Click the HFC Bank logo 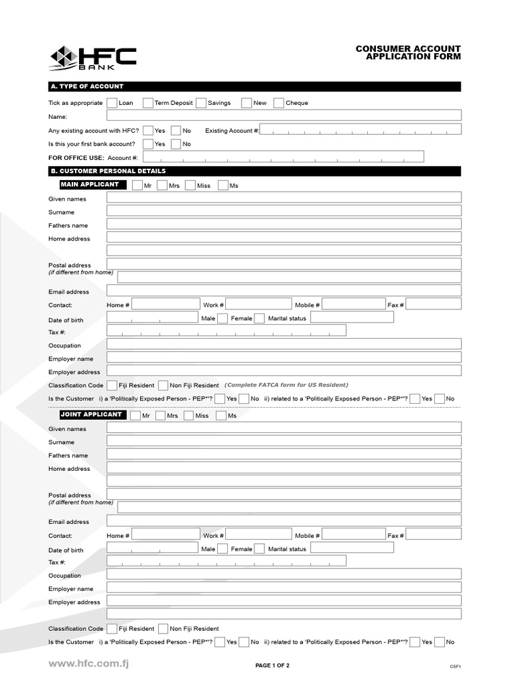[93, 58]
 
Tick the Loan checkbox [112, 103]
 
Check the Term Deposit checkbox [148, 103]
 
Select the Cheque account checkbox [279, 103]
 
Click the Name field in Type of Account [284, 116]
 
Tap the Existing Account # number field [360, 130]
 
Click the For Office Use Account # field [283, 157]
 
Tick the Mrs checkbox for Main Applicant [162, 185]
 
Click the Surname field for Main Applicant [284, 211]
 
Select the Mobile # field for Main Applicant [353, 304]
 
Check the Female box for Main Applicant [260, 318]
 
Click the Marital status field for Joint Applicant [351, 549]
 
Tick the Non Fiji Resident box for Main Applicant [163, 385]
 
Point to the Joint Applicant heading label [91, 414]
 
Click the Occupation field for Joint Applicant [284, 574]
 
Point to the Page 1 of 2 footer [272, 665]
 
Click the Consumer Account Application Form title [408, 52]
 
